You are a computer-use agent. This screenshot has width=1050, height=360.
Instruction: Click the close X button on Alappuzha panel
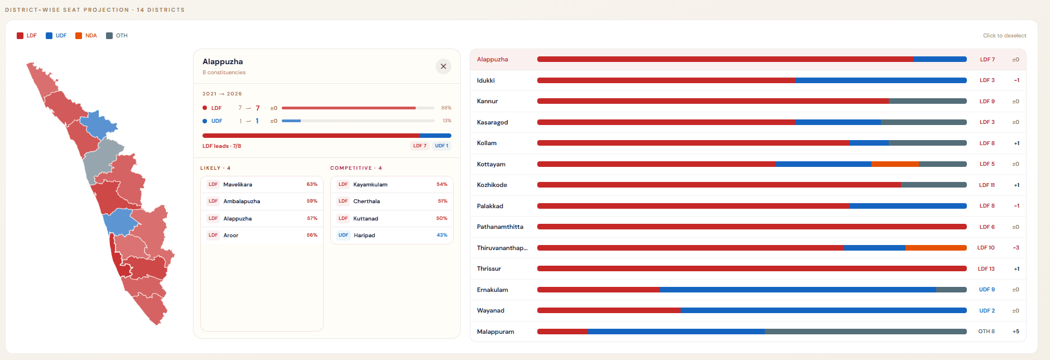444,66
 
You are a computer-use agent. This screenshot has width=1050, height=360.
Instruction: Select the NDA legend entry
86,36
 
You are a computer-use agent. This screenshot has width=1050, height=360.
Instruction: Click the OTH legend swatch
109,36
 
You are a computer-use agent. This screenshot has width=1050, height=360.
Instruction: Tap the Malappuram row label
495,332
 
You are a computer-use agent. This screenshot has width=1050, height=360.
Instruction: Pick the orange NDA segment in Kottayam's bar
895,164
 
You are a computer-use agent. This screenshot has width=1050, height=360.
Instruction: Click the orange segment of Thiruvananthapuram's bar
936,248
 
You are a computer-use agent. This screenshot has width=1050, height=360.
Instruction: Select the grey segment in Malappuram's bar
865,332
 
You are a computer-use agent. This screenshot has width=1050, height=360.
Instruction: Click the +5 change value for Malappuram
1015,332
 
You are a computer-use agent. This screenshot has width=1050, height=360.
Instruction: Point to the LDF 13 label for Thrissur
986,269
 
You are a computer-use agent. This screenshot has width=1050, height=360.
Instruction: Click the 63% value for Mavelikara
312,185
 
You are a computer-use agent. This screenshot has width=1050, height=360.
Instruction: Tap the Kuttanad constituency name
365,219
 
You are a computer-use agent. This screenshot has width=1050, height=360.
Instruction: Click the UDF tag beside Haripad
343,236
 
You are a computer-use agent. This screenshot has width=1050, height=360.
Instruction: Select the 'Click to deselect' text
1004,36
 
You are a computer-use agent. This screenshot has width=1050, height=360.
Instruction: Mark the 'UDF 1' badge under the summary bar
441,146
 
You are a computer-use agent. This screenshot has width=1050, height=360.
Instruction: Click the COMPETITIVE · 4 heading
356,168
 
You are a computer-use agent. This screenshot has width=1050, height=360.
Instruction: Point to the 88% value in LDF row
446,108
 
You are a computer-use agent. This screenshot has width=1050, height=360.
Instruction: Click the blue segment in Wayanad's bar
823,310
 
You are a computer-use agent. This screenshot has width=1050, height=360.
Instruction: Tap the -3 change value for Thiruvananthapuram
1016,248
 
